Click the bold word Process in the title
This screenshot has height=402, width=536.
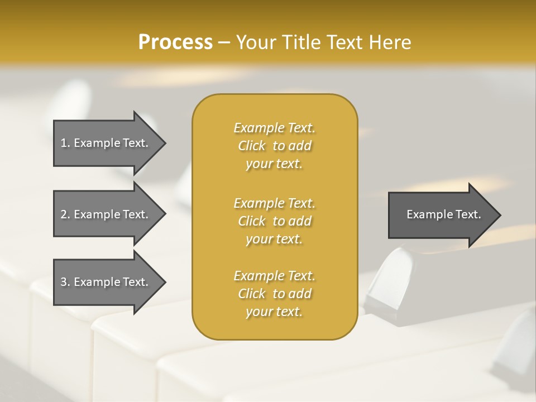tap(175, 42)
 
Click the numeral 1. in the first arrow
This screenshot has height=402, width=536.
tap(65, 143)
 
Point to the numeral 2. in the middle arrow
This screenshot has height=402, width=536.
tap(65, 214)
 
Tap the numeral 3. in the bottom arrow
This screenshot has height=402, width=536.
tap(65, 282)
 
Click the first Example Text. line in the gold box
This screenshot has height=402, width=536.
tap(274, 128)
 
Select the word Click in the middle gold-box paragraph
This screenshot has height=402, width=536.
tap(252, 221)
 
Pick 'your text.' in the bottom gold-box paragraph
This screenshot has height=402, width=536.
tap(274, 312)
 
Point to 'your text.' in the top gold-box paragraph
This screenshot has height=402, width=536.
tap(274, 164)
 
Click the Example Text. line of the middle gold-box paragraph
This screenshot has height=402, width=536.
tap(274, 203)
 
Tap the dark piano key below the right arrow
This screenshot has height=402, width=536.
tap(391, 279)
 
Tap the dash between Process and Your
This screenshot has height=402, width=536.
tap(224, 42)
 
